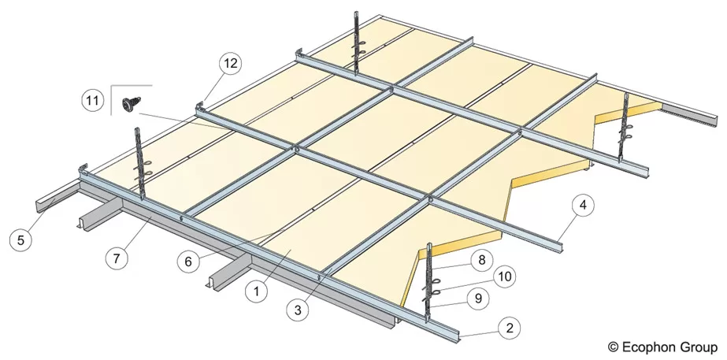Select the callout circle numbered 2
click(x=510, y=328)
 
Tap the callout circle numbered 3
click(x=298, y=310)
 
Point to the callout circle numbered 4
click(x=584, y=205)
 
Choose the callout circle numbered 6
click(x=188, y=262)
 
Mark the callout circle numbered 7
click(x=117, y=258)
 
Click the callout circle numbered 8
click(x=482, y=260)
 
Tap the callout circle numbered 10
click(x=504, y=277)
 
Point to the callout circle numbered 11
click(x=93, y=101)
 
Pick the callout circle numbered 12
click(x=230, y=63)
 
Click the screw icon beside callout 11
click(x=132, y=104)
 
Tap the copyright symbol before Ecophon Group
click(x=613, y=347)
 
